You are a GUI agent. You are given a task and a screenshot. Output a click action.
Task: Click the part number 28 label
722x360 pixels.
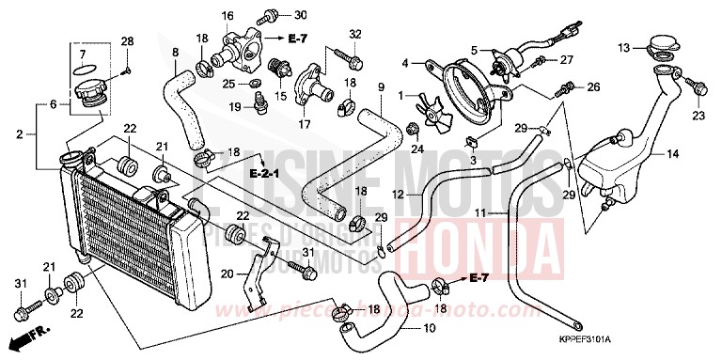tap(128, 40)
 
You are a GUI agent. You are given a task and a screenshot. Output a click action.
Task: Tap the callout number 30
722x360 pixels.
tap(301, 15)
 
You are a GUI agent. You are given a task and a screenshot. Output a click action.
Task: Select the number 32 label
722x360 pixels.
tap(355, 35)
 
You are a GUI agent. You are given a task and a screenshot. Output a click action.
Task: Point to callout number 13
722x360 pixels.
tap(622, 46)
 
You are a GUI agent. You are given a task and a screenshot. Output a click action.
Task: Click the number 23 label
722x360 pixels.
tap(698, 116)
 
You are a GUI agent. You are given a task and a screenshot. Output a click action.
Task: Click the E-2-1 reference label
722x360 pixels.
tap(266, 175)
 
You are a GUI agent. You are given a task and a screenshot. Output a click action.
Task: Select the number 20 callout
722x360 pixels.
tap(227, 274)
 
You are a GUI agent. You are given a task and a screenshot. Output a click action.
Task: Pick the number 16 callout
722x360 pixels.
tap(228, 15)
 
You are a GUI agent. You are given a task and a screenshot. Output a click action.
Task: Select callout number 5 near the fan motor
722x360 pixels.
tap(475, 49)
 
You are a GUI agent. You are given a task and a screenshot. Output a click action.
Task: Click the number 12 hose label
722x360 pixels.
tap(399, 194)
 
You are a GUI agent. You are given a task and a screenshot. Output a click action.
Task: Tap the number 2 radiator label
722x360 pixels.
tap(19, 135)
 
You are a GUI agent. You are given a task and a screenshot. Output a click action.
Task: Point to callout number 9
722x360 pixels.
tap(381, 87)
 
